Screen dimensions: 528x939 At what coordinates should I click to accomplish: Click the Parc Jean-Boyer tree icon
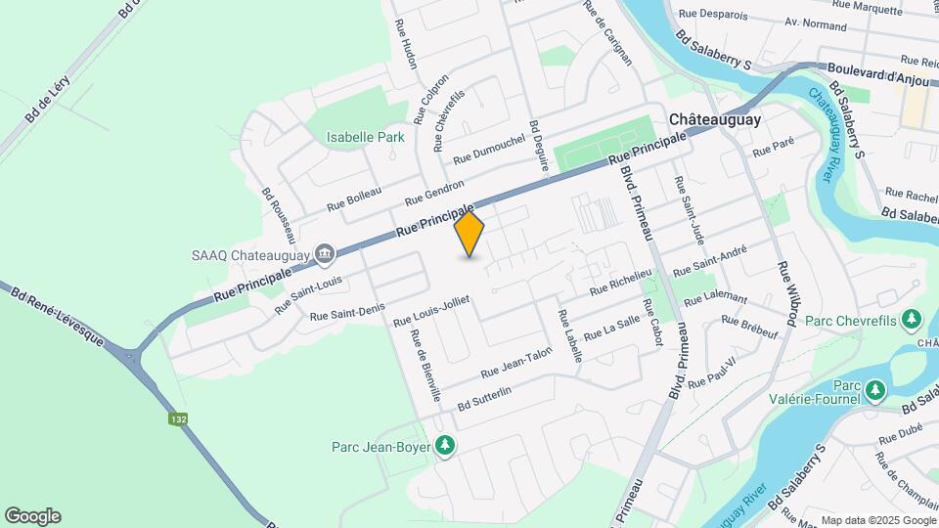tap(445, 446)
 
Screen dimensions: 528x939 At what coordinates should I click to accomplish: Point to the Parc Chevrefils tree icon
tap(912, 319)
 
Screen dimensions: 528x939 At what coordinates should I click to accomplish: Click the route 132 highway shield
tap(178, 418)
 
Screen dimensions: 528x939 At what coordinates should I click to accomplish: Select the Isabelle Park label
tap(366, 138)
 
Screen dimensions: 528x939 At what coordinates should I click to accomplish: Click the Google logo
tap(32, 516)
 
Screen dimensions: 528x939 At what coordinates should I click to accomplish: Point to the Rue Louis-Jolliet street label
tap(431, 309)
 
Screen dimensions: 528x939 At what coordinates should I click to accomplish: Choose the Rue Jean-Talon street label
tap(516, 366)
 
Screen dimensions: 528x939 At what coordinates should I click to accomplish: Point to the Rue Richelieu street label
tap(620, 284)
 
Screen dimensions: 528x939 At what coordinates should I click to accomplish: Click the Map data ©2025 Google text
tap(876, 519)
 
